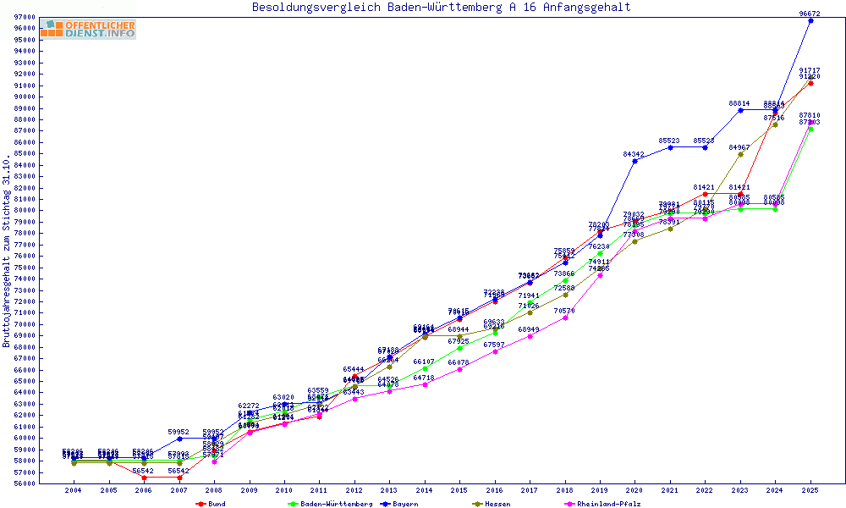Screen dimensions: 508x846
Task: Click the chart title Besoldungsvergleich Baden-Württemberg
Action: [441, 8]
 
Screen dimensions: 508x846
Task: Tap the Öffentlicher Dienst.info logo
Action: [88, 29]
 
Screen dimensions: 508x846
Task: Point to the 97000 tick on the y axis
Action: [25, 17]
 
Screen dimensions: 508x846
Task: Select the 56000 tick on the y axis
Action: [25, 483]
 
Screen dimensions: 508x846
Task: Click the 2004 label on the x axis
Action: [74, 490]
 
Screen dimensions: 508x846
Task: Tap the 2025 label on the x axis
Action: [810, 490]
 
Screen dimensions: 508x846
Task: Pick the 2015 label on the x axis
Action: [459, 490]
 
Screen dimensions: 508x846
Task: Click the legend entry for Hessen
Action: [494, 504]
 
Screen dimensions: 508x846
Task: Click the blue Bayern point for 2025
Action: [810, 20]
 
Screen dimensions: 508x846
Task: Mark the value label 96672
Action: [810, 14]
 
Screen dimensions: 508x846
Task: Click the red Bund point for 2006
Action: [144, 478]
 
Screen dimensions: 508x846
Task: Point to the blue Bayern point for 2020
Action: [634, 161]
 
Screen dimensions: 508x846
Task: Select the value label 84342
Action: [634, 154]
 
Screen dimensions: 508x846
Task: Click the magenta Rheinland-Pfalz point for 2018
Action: [564, 317]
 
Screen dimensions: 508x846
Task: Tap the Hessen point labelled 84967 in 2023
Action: [740, 154]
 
